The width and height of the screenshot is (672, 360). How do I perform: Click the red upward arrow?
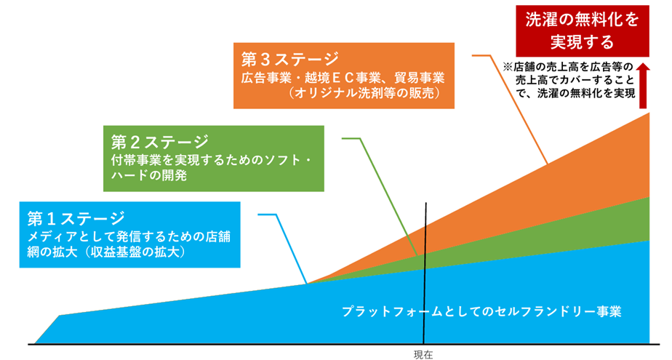click(644, 86)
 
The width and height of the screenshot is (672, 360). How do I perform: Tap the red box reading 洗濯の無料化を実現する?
click(582, 31)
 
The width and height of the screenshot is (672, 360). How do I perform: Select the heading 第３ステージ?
click(289, 60)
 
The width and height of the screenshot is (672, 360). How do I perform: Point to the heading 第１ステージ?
click(76, 219)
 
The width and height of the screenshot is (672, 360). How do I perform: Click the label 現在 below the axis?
click(423, 354)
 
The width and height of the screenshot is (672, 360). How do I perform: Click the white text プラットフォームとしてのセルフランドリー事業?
click(481, 311)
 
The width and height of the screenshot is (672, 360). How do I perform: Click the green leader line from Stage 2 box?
click(380, 195)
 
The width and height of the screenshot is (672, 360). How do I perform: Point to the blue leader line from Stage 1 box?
click(282, 248)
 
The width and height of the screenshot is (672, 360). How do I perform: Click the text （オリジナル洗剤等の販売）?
click(364, 93)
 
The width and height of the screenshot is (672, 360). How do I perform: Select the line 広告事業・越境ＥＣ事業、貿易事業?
click(343, 78)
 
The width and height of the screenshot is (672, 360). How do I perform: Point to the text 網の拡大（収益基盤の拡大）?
click(108, 252)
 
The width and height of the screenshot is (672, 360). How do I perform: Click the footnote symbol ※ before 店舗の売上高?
click(508, 68)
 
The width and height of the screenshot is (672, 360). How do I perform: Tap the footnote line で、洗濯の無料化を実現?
click(575, 93)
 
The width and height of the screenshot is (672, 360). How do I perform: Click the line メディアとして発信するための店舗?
click(129, 236)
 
